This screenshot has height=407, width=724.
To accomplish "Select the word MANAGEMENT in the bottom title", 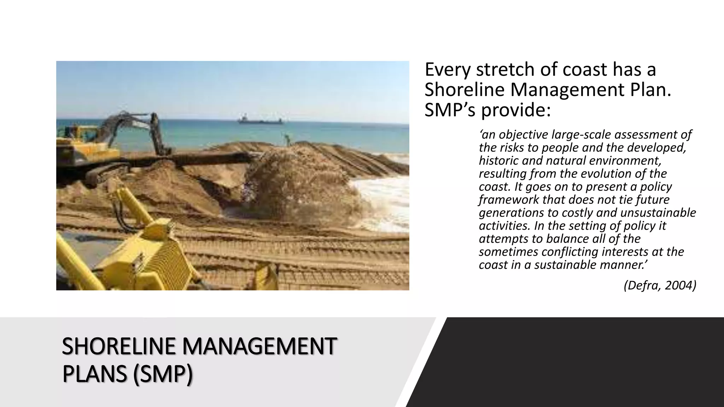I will [259, 346].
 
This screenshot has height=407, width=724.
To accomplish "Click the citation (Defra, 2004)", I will [660, 285].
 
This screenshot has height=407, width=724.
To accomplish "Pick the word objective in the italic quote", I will [523, 135].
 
